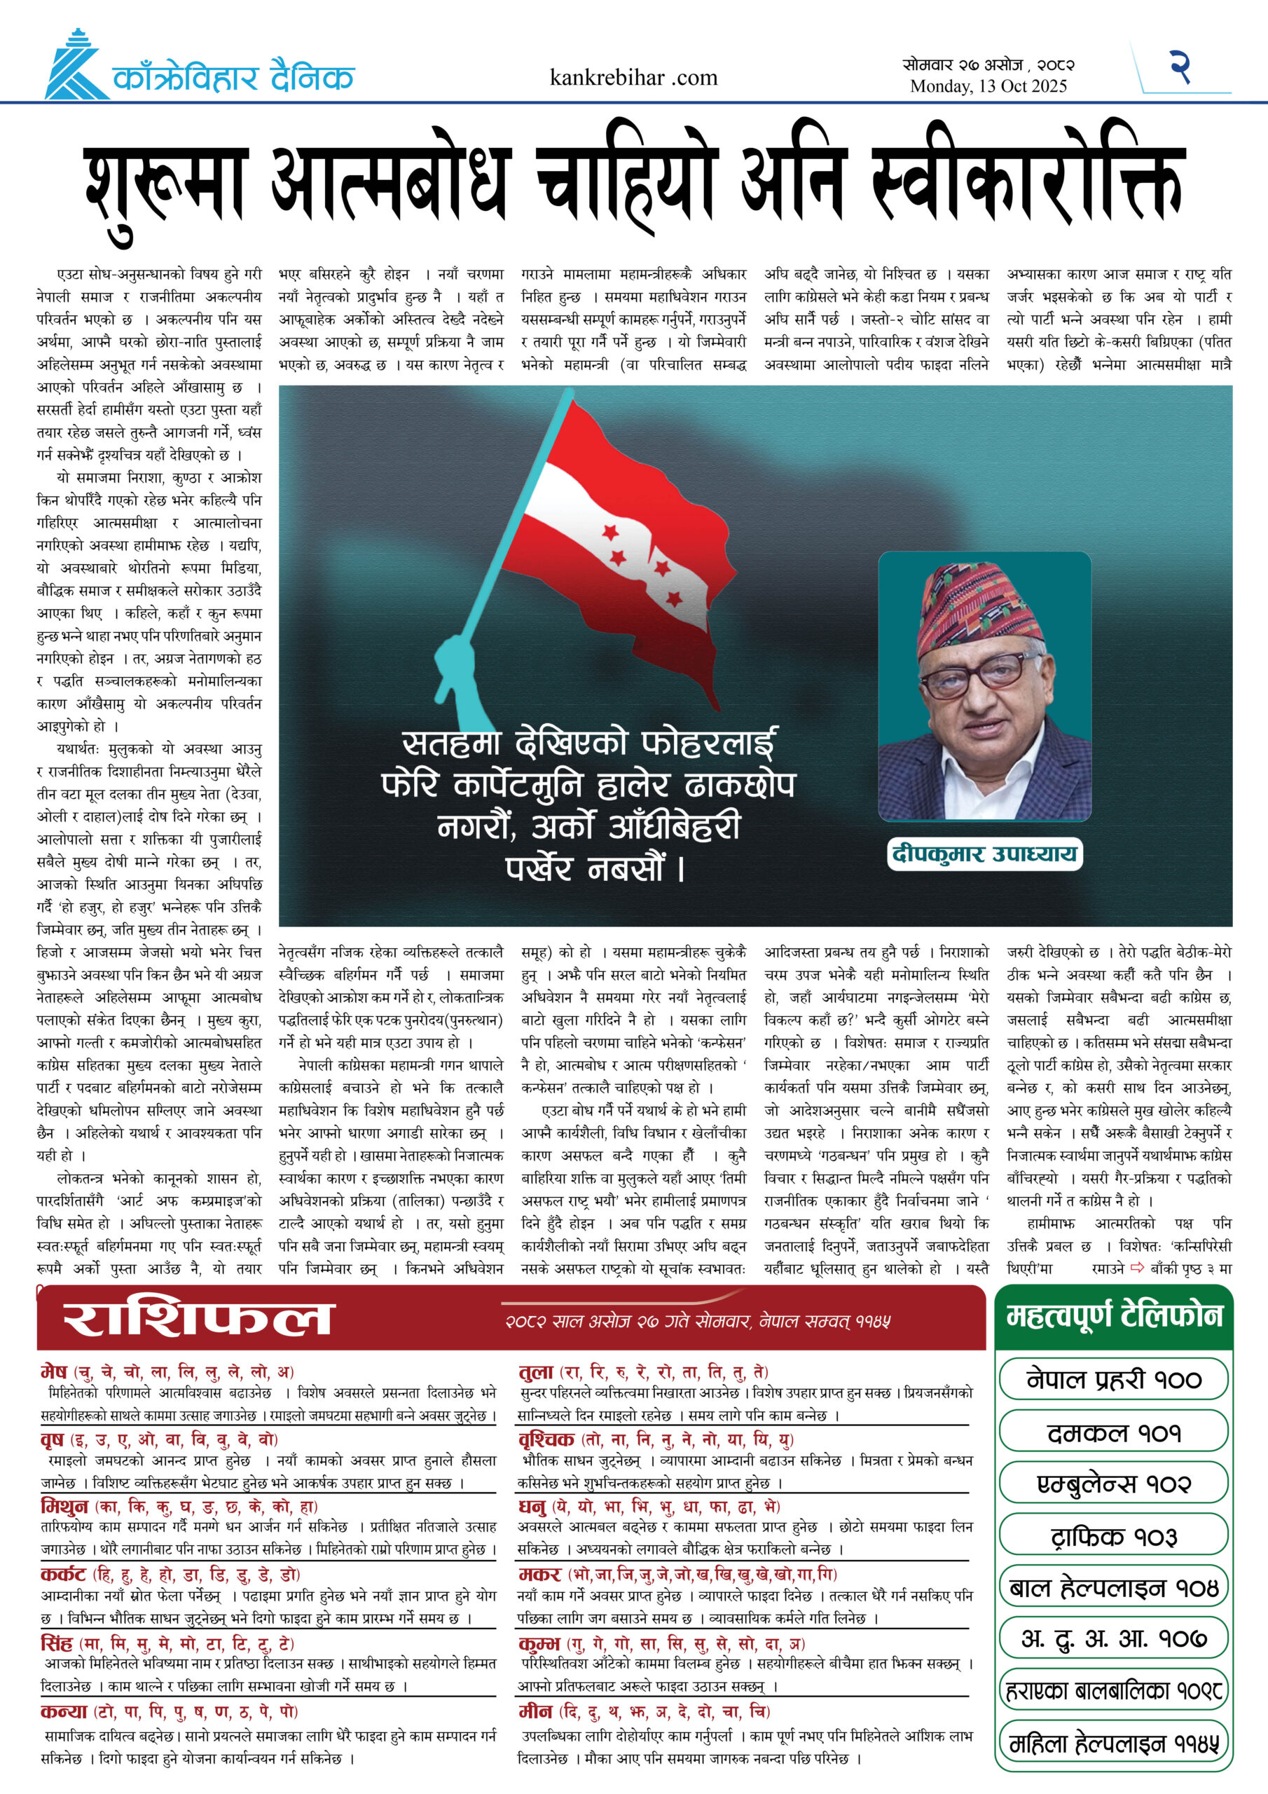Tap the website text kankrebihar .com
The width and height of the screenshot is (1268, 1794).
[x=633, y=77]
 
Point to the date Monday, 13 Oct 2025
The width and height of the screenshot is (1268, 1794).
[x=988, y=87]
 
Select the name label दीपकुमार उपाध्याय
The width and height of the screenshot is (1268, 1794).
[x=984, y=854]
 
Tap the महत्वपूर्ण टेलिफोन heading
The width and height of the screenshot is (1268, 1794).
[x=1113, y=1316]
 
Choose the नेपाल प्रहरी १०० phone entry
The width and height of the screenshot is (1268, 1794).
[x=1113, y=1380]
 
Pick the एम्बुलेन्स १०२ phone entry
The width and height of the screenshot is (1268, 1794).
[x=1113, y=1484]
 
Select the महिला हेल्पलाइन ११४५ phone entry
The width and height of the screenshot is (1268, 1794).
[x=1113, y=1744]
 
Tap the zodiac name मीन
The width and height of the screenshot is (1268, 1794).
[x=537, y=1712]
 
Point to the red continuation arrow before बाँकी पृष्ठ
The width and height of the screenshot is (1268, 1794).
[x=1138, y=1268]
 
